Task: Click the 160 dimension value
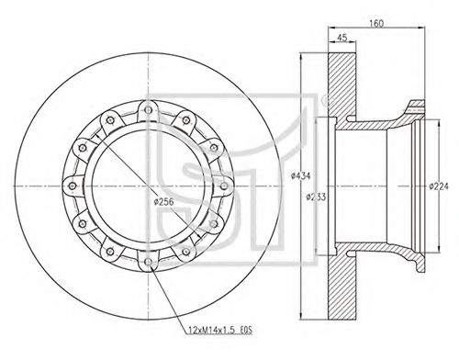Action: pos(376,23)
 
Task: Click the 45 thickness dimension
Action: pos(341,38)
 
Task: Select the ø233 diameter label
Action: pos(317,197)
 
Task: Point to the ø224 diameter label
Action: pos(439,186)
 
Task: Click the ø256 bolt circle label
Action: pos(164,202)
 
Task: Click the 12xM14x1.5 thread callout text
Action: pos(210,331)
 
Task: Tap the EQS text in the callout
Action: pos(246,331)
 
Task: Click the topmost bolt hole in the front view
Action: pos(148,110)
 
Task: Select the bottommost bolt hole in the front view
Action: pos(148,262)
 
